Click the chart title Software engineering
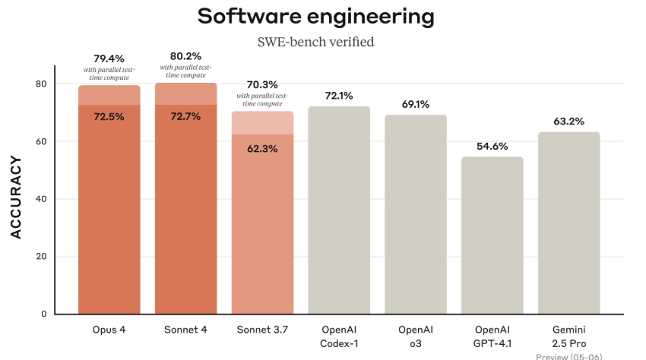point(316,17)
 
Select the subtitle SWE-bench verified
point(316,42)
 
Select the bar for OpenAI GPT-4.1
point(492,235)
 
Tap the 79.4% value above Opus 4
point(109,58)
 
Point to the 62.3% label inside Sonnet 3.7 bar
point(262,149)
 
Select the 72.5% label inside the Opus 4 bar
point(109,117)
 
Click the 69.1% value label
point(416,103)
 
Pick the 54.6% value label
point(492,146)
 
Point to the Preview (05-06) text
point(569,356)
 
